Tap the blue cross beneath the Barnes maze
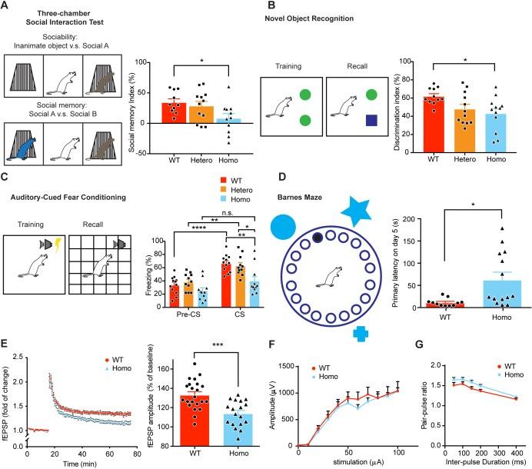tap(360, 332)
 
